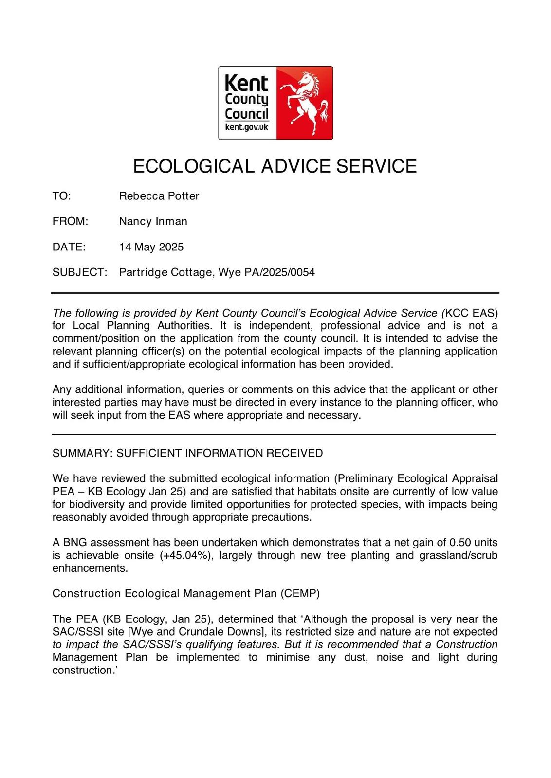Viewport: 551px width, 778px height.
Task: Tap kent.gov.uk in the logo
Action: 247,127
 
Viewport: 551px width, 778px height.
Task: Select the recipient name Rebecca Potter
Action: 159,196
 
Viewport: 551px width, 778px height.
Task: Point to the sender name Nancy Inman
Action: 153,221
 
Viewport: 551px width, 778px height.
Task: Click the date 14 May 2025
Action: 151,247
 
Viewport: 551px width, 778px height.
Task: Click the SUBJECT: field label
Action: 79,272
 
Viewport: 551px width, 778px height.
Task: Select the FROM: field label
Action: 70,221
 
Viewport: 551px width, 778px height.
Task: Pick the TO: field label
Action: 62,196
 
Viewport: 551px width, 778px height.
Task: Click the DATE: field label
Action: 69,247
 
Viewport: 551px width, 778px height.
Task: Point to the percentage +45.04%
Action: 186,555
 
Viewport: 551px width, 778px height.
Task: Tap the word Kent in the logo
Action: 246,84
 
